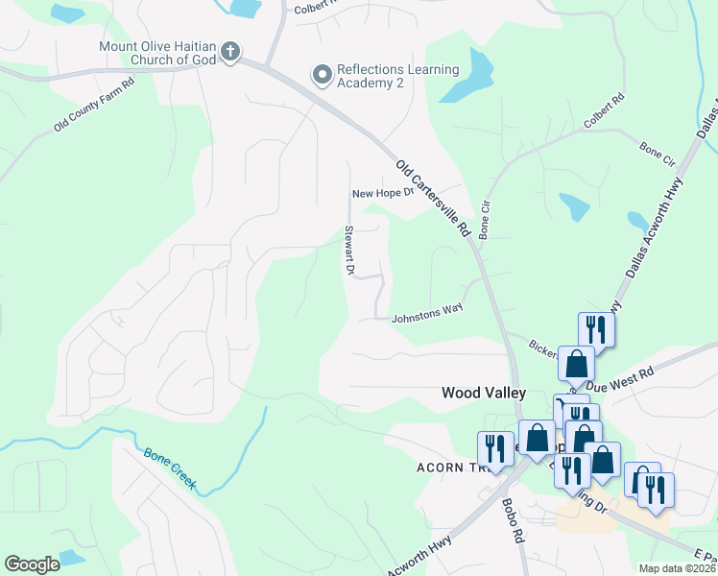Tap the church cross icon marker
click(x=230, y=50)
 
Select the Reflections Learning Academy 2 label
click(x=397, y=76)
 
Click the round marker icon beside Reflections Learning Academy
click(x=322, y=73)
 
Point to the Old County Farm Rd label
click(x=94, y=103)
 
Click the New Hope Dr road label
click(x=381, y=193)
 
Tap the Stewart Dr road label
click(x=349, y=252)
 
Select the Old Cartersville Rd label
click(x=432, y=199)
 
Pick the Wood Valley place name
click(x=483, y=393)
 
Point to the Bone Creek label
click(x=170, y=469)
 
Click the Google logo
click(x=32, y=564)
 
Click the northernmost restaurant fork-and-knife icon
click(x=595, y=329)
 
